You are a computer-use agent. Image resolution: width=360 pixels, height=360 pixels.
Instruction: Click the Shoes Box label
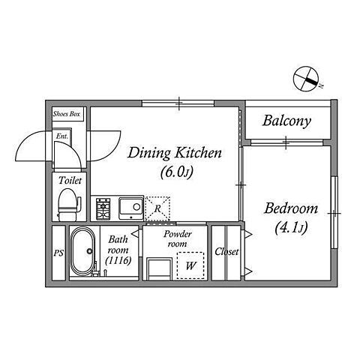click(67, 114)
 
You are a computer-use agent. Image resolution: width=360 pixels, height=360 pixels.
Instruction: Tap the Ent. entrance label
click(61, 136)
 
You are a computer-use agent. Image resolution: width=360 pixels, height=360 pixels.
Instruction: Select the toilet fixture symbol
click(69, 205)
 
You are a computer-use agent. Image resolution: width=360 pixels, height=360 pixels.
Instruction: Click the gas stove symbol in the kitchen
click(103, 208)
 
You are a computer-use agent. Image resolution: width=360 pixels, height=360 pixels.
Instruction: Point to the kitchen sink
click(131, 208)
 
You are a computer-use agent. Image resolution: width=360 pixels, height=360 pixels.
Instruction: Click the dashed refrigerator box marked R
click(157, 208)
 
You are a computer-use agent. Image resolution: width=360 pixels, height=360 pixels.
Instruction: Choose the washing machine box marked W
click(190, 265)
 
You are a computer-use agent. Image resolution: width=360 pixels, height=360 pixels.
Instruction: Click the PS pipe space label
click(58, 253)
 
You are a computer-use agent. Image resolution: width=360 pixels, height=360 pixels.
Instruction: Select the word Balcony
click(286, 121)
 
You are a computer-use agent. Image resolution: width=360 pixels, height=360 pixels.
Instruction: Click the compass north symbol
click(306, 79)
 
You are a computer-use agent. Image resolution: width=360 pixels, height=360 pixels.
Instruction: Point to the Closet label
click(226, 251)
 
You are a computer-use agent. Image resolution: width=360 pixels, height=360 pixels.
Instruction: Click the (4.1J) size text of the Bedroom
click(291, 228)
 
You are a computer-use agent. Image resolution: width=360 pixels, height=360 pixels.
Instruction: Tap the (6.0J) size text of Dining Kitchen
click(177, 172)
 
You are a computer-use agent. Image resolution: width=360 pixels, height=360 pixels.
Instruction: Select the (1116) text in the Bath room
click(118, 261)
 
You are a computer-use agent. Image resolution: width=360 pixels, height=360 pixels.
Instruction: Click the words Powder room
click(178, 238)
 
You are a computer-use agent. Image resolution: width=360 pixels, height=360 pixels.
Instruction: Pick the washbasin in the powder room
click(159, 269)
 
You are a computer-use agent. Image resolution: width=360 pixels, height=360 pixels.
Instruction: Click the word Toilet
click(70, 181)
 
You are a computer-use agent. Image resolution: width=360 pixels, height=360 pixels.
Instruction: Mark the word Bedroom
click(291, 208)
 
